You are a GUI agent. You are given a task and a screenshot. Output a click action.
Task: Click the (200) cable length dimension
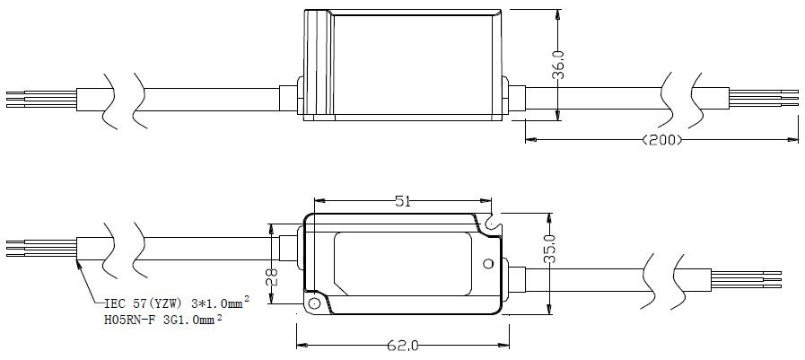point(663,140)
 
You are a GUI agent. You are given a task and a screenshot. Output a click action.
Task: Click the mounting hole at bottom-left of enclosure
point(314,303)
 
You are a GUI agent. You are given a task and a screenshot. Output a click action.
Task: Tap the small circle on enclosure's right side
point(487,264)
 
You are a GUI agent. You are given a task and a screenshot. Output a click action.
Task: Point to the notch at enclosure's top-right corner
point(489,218)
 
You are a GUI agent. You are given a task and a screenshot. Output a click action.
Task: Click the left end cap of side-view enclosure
point(315,65)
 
